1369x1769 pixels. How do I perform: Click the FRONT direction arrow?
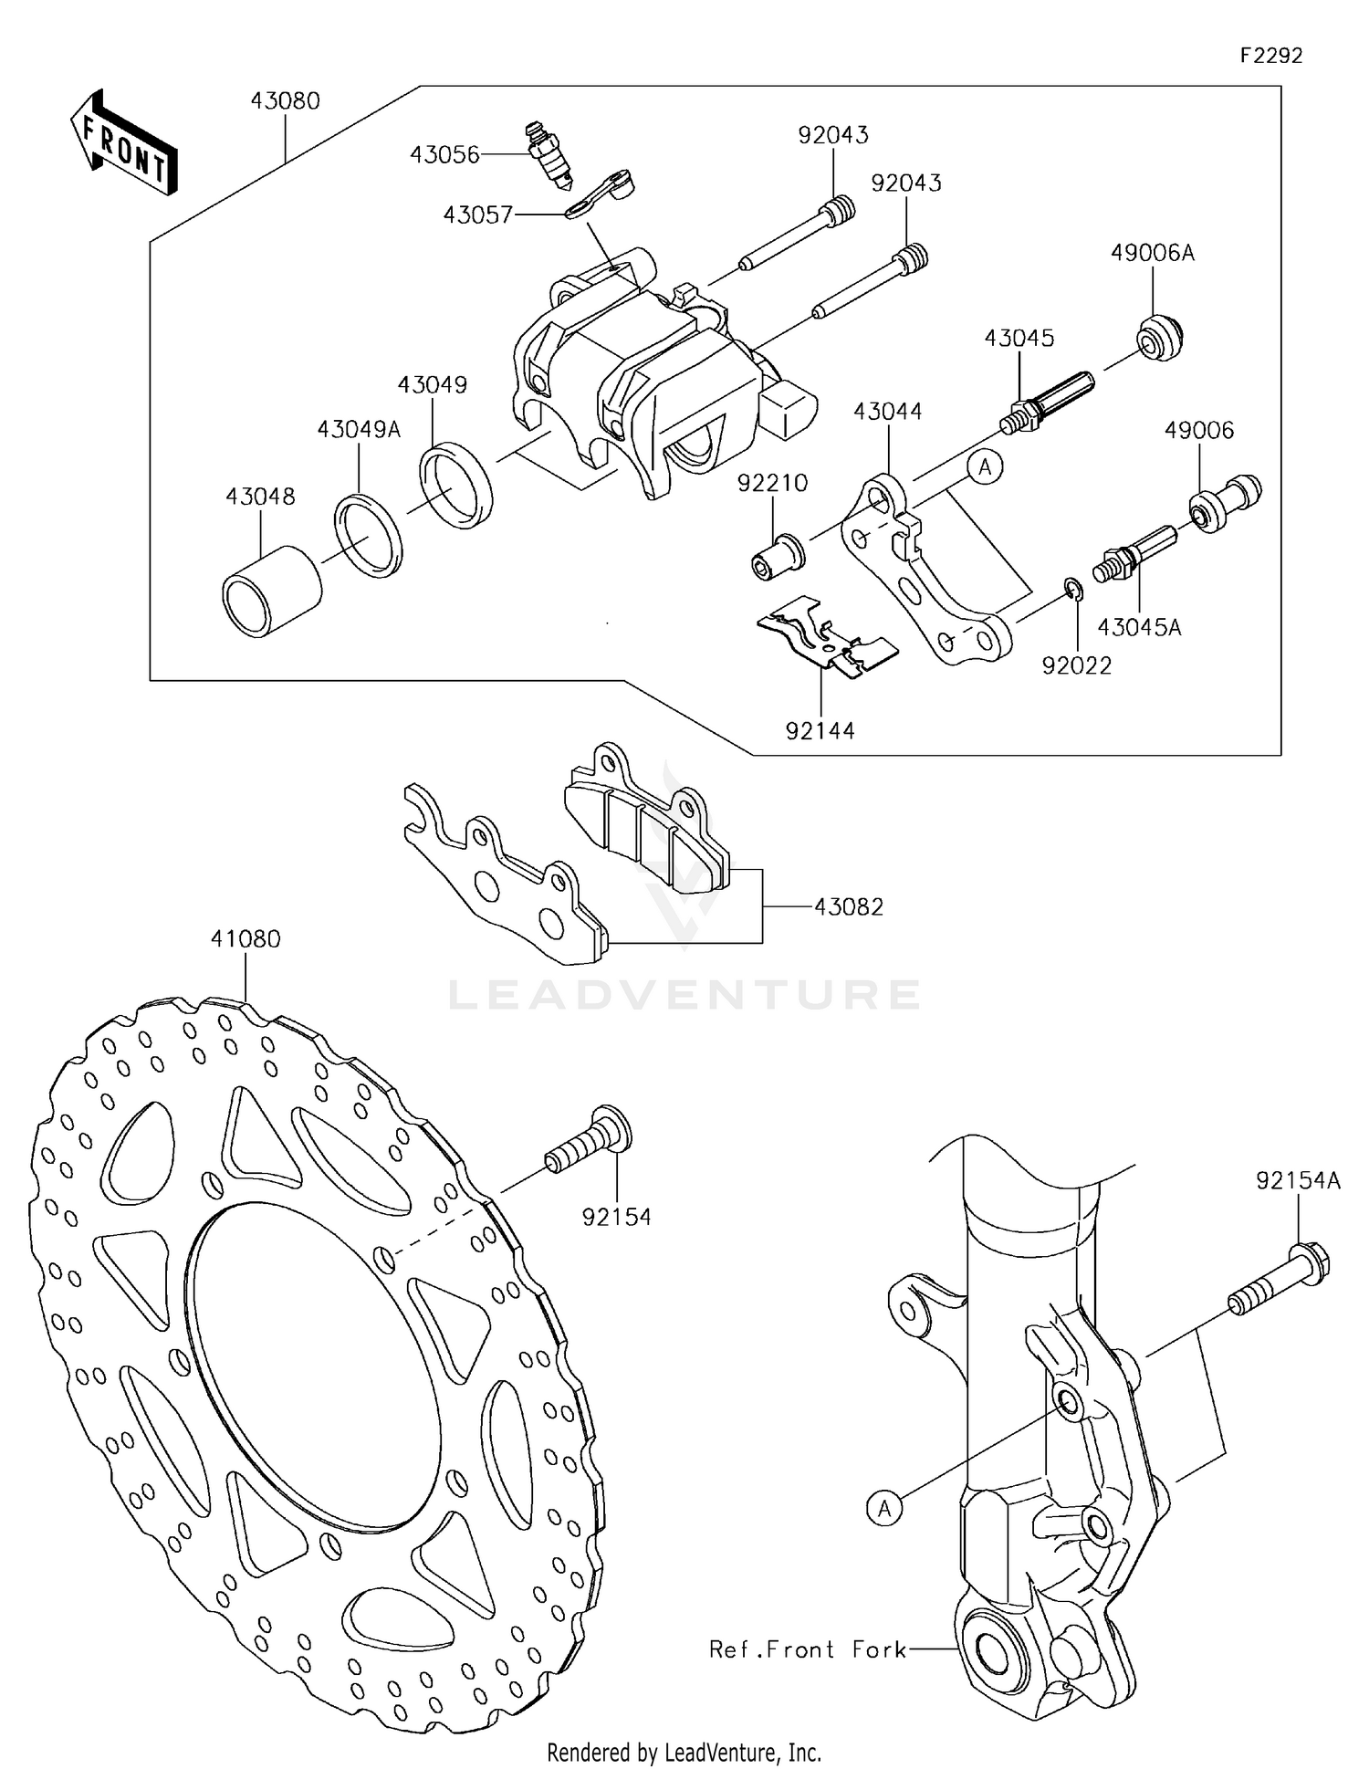pyautogui.click(x=123, y=144)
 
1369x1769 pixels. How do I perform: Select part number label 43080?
pyautogui.click(x=285, y=100)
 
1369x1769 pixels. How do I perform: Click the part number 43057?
pyautogui.click(x=477, y=215)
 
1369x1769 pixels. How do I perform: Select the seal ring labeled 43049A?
pyautogui.click(x=369, y=535)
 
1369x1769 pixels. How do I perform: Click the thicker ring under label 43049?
pyautogui.click(x=455, y=485)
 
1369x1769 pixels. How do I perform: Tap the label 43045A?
pyautogui.click(x=1138, y=627)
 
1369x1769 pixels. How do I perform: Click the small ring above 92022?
pyautogui.click(x=1073, y=591)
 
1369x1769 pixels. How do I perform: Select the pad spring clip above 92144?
pyautogui.click(x=826, y=638)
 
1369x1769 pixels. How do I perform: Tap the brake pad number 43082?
pyautogui.click(x=848, y=906)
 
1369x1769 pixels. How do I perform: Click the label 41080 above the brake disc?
pyautogui.click(x=246, y=938)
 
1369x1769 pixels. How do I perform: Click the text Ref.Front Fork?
pyautogui.click(x=808, y=1649)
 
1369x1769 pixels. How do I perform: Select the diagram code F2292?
pyautogui.click(x=1270, y=56)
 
